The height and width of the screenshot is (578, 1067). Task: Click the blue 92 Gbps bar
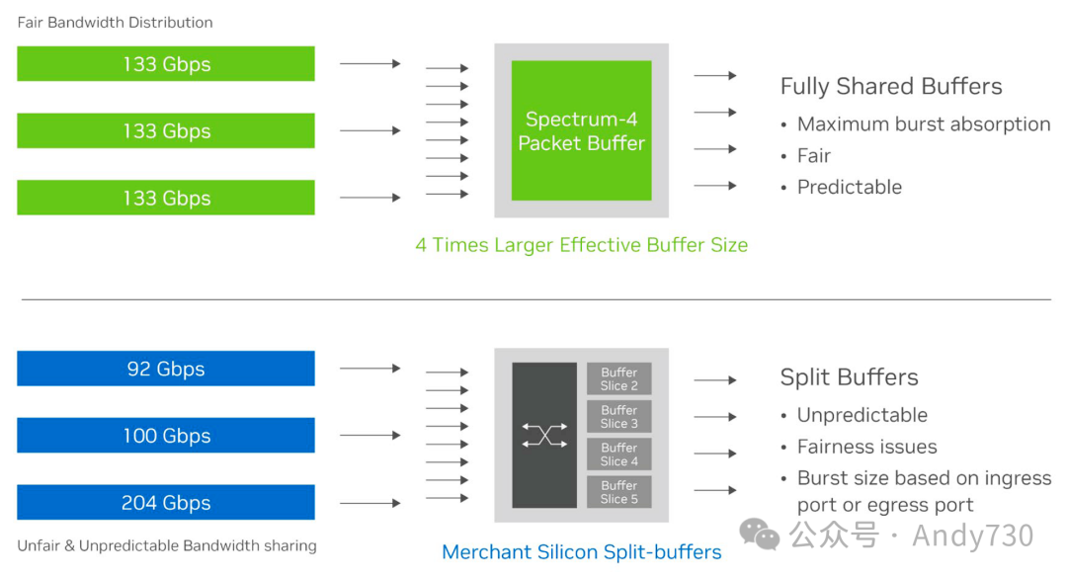166,369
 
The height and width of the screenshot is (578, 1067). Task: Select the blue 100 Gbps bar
166,436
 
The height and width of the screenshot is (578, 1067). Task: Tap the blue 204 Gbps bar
166,503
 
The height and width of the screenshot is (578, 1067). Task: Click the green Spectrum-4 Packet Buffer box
581,130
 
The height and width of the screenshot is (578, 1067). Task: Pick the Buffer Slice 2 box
619,379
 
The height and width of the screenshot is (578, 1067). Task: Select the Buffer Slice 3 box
619,417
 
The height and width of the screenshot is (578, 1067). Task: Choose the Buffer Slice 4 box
619,454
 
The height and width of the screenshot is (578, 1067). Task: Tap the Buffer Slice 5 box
619,492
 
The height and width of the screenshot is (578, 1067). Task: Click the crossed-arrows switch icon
544,436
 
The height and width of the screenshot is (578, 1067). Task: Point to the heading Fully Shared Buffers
891,87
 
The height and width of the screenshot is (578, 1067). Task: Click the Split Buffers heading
849,377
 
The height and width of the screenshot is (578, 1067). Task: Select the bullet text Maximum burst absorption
924,124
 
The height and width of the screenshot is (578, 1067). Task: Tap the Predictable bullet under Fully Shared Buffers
850,188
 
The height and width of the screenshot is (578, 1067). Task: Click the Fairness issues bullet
866,447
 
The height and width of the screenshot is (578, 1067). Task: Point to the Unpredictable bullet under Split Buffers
862,415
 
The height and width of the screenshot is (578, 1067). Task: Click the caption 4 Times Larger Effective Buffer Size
581,245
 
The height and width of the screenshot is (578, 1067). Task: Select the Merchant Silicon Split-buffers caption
581,552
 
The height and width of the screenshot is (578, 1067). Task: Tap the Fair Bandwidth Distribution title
115,22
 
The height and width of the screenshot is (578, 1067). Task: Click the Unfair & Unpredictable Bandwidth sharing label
167,545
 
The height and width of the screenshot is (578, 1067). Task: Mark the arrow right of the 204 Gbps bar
369,503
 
